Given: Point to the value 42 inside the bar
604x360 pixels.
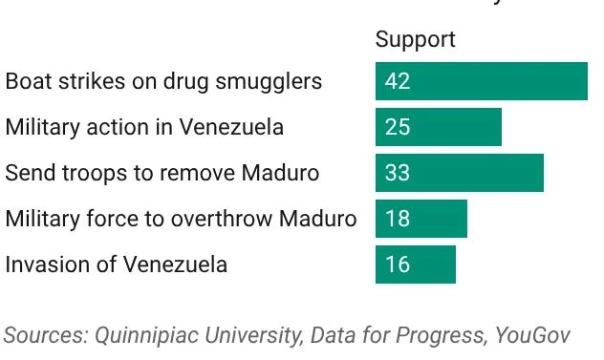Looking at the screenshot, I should [x=398, y=81].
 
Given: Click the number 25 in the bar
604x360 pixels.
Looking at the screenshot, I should [x=398, y=127].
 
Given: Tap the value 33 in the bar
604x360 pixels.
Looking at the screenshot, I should [x=398, y=173].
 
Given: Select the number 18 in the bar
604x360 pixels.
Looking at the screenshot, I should [x=398, y=219].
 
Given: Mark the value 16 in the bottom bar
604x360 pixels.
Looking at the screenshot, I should [x=398, y=265].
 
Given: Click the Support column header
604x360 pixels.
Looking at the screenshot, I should [x=415, y=39].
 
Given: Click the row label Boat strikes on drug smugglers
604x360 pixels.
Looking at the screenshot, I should [x=163, y=81].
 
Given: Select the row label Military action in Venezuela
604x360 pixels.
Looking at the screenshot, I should [x=144, y=127].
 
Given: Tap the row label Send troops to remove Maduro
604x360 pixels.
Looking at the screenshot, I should [x=162, y=173].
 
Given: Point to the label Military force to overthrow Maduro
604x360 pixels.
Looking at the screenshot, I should [x=181, y=219].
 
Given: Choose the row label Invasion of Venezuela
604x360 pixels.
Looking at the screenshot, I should [x=117, y=265].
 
